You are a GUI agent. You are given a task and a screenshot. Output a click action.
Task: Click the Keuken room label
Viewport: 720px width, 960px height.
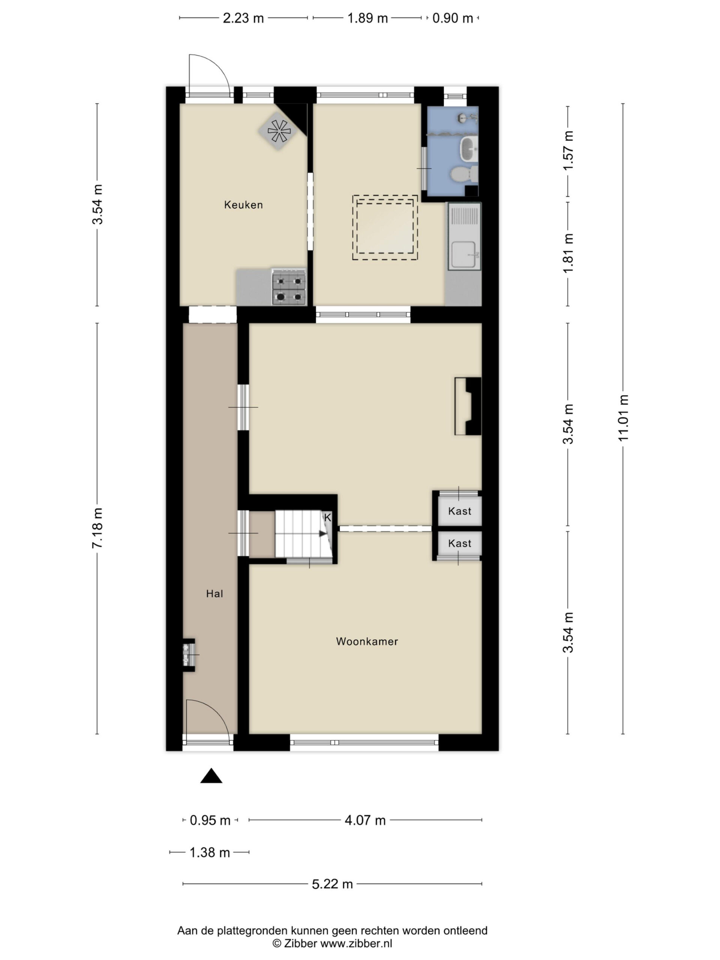point(243,205)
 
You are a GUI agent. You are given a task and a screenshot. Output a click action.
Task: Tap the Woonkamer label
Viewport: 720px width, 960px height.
point(367,642)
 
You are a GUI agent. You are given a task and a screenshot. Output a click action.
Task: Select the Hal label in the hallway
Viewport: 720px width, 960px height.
point(214,594)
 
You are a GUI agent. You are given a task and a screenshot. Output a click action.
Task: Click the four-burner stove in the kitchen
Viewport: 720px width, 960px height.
point(289,287)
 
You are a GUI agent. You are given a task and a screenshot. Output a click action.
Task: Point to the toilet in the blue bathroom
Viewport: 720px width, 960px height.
point(464,174)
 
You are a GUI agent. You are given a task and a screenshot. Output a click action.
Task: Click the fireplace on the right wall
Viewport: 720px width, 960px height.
point(468,406)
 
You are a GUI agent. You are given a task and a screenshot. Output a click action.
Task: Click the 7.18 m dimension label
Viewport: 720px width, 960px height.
point(97,528)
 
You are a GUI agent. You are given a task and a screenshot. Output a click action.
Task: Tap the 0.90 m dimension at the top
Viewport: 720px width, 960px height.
point(452,18)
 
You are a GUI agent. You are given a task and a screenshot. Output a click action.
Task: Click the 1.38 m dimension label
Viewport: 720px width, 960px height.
point(210,852)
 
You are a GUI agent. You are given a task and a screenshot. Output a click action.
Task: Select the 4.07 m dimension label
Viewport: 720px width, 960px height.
point(365,820)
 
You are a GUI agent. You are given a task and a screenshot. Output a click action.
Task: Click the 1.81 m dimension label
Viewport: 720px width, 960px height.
point(568,253)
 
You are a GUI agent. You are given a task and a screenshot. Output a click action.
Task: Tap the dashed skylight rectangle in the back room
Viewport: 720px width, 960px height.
point(385,227)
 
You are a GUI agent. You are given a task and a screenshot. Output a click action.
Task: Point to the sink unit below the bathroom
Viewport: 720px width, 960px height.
point(464,237)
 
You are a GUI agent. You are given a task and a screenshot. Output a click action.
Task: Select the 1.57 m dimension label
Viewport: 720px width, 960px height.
point(568,151)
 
